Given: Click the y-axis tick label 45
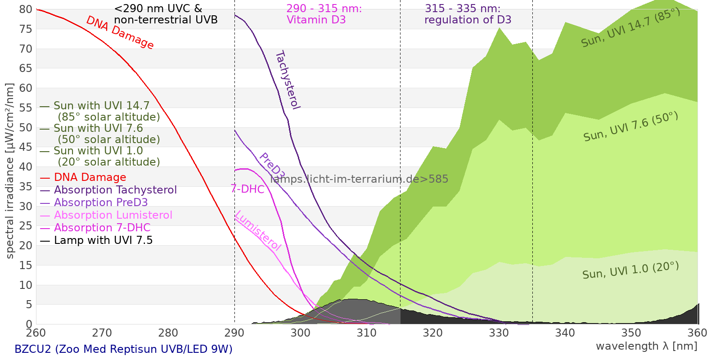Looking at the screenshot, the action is click(x=26, y=147).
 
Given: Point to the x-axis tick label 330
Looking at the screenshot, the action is click(x=499, y=333).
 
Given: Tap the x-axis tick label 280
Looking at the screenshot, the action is click(x=168, y=333).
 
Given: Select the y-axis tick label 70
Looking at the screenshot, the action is click(x=26, y=49).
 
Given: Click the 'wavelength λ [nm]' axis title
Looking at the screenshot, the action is click(x=647, y=346).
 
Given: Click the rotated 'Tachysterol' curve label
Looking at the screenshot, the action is click(x=288, y=80).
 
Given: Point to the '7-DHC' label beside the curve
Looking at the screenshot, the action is click(x=247, y=189).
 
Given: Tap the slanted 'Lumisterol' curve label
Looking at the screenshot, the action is click(x=258, y=230).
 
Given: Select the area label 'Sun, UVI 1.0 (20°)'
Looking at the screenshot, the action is click(x=630, y=270).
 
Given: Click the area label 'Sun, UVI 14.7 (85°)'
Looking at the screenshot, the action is click(x=630, y=27).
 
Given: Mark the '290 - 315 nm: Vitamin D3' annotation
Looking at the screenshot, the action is click(x=324, y=14).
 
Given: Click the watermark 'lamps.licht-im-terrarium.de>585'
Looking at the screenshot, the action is click(x=359, y=179).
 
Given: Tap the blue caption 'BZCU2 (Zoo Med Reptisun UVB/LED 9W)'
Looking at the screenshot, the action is click(x=123, y=349).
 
